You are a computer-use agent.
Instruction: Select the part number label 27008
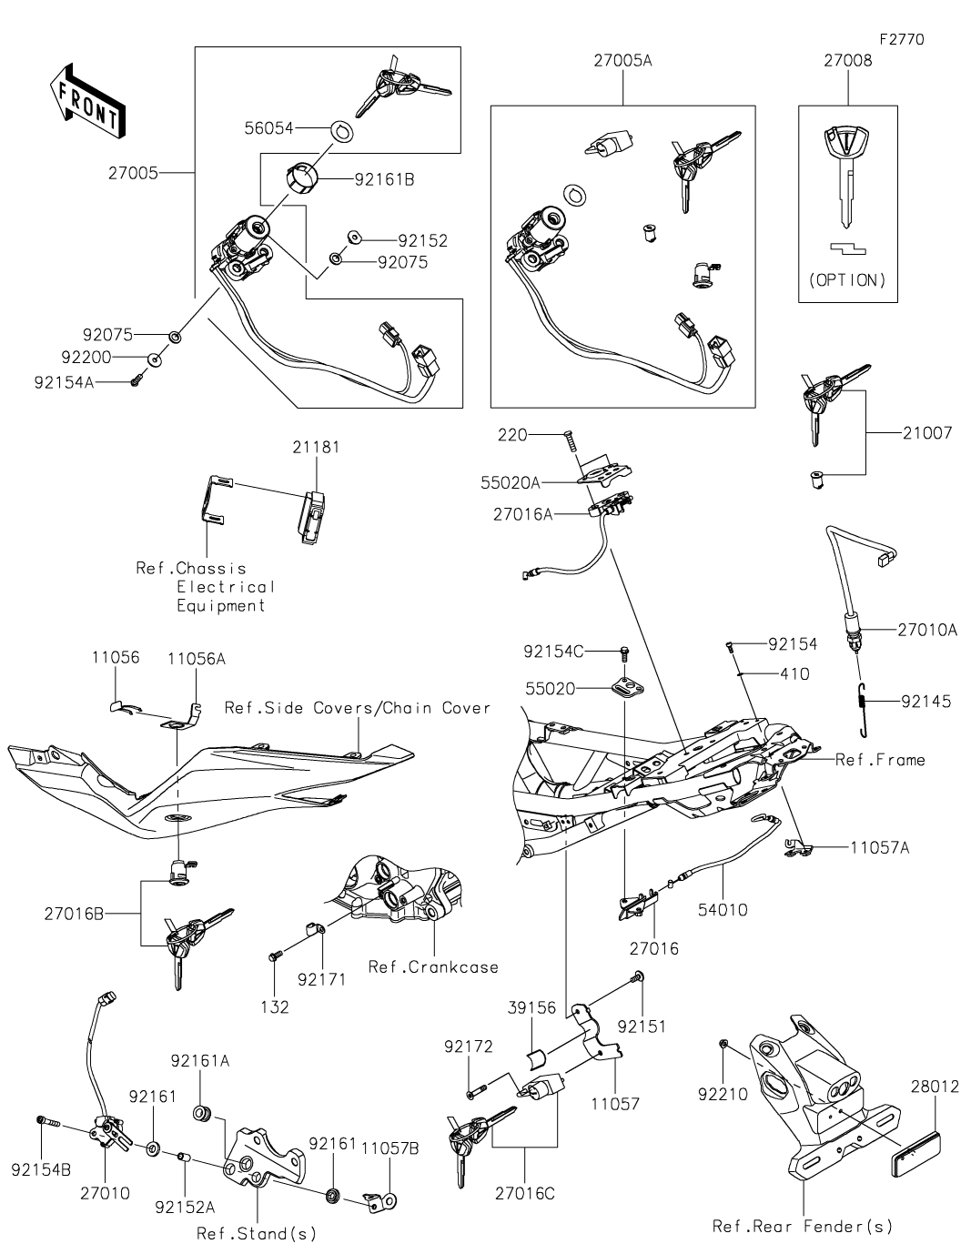click(847, 62)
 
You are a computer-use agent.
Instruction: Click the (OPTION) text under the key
click(847, 279)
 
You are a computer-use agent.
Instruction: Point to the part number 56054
click(268, 129)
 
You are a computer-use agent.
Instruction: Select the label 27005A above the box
click(623, 62)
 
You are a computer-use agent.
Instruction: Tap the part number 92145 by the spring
click(925, 702)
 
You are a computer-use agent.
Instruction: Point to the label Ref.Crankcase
click(433, 966)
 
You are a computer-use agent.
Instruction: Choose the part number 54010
click(723, 909)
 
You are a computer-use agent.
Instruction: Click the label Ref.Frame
click(880, 760)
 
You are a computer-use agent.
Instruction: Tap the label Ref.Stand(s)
click(257, 1234)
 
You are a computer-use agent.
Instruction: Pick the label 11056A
click(196, 659)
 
